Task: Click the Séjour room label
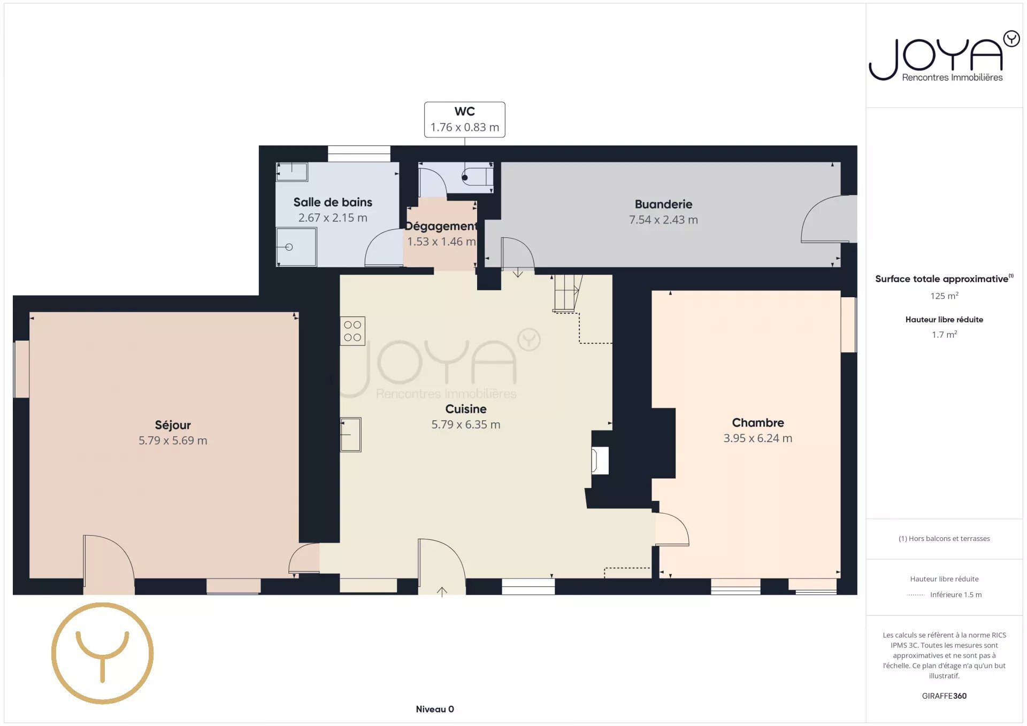pyautogui.click(x=173, y=425)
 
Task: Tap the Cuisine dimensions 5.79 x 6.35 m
pyautogui.click(x=466, y=424)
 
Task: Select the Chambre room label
pyautogui.click(x=757, y=423)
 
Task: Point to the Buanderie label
pyautogui.click(x=663, y=204)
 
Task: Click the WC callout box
pyautogui.click(x=464, y=120)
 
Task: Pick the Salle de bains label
pyautogui.click(x=333, y=202)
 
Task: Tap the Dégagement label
pyautogui.click(x=441, y=226)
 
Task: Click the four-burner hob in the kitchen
pyautogui.click(x=352, y=331)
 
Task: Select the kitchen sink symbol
pyautogui.click(x=351, y=434)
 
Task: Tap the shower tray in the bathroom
pyautogui.click(x=296, y=247)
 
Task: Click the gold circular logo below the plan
pyautogui.click(x=102, y=653)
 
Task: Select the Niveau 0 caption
pyautogui.click(x=435, y=709)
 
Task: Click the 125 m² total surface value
pyautogui.click(x=944, y=296)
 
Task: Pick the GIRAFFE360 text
pyautogui.click(x=944, y=696)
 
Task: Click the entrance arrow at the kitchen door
pyautogui.click(x=442, y=591)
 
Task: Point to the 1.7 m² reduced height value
pyautogui.click(x=944, y=335)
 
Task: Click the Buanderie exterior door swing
pyautogui.click(x=826, y=219)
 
